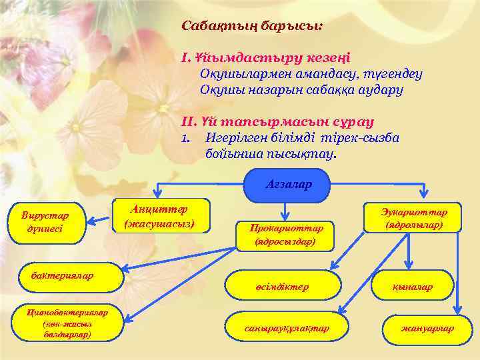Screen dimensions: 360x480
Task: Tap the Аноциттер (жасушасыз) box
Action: coord(160,216)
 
